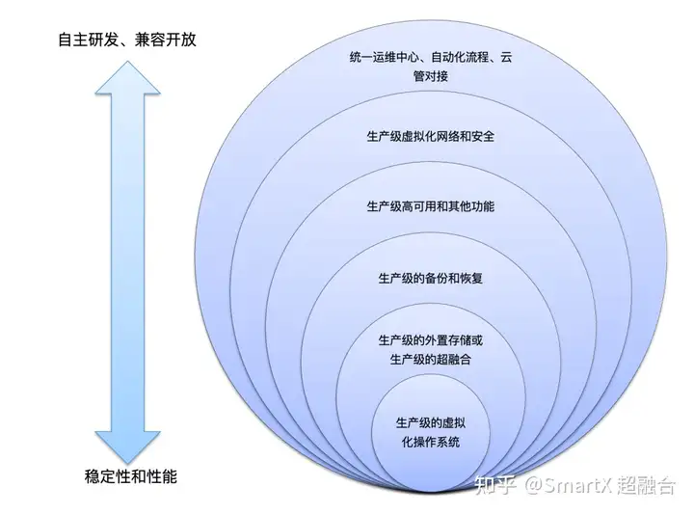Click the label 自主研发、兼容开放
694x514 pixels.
click(x=127, y=40)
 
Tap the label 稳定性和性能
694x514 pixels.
click(x=130, y=476)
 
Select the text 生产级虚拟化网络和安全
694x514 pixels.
click(x=430, y=136)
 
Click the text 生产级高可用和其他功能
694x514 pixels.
click(x=430, y=206)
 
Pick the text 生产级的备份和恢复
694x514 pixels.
click(x=430, y=279)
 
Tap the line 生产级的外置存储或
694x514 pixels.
click(x=430, y=340)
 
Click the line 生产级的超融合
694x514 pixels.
click(x=430, y=360)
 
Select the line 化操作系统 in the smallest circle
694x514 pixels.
click(x=430, y=442)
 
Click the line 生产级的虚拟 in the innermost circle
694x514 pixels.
click(x=430, y=422)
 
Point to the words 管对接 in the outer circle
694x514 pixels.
click(x=430, y=76)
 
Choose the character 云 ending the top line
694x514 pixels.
click(x=506, y=57)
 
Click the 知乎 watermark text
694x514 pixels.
click(x=495, y=485)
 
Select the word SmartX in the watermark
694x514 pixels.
click(x=577, y=485)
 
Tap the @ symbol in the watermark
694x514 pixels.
click(x=533, y=485)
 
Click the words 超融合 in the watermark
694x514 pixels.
click(x=647, y=485)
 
